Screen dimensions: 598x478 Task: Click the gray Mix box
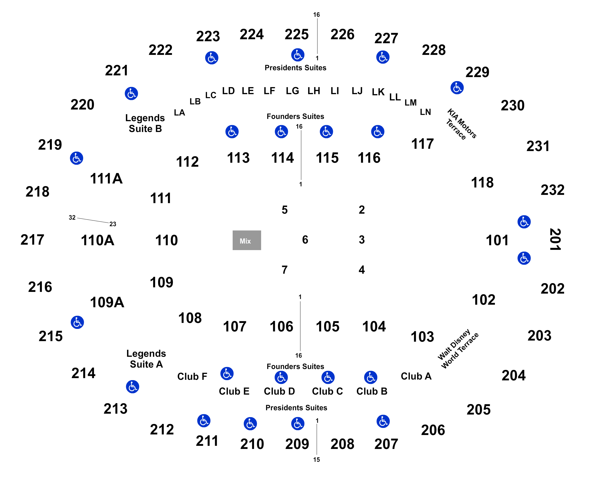coord(247,240)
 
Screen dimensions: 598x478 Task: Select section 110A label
coord(98,240)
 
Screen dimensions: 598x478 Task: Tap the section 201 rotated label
coord(555,239)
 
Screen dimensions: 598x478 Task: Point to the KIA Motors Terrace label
coord(461,124)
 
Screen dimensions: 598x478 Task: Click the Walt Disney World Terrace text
coord(458,349)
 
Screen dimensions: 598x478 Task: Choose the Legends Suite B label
coord(145,123)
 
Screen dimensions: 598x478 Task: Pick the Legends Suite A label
coord(146,359)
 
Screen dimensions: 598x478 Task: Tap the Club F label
coord(192,376)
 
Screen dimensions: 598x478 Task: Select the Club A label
coord(416,376)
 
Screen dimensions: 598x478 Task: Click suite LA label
coord(179,113)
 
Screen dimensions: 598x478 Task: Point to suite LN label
coord(425,112)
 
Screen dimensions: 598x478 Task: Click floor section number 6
coord(305,240)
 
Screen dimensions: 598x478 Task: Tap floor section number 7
coord(284,269)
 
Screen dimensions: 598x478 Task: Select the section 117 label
coord(423,144)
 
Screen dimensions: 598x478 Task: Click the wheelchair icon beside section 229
coord(457,88)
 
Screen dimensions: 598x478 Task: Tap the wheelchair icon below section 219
coord(77,158)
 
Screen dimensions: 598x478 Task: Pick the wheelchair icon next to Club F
coord(227,374)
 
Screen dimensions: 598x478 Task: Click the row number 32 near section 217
coord(72,217)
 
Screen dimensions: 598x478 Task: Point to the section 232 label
coord(552,190)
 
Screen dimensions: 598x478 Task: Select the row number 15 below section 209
coord(317,460)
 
